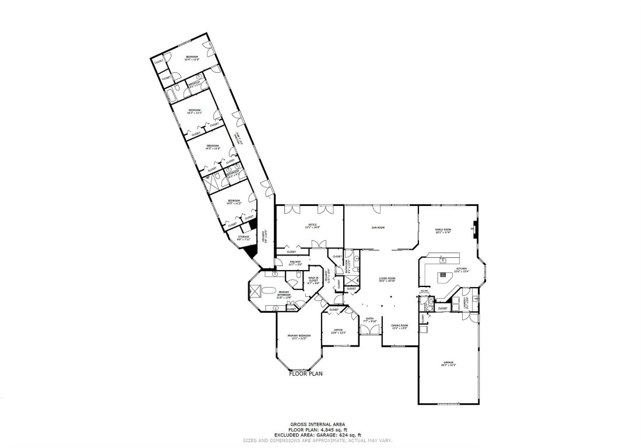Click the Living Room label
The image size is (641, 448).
pyautogui.click(x=388, y=279)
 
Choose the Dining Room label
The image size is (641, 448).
pyautogui.click(x=399, y=327)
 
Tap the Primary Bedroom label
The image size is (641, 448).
pyautogui.click(x=298, y=337)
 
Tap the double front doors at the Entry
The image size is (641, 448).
pyautogui.click(x=368, y=330)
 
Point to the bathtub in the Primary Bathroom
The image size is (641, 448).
pyautogui.click(x=267, y=290)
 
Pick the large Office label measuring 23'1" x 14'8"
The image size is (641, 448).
pyautogui.click(x=312, y=226)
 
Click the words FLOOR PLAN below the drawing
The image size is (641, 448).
pyautogui.click(x=305, y=373)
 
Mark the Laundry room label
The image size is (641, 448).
pyautogui.click(x=466, y=303)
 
